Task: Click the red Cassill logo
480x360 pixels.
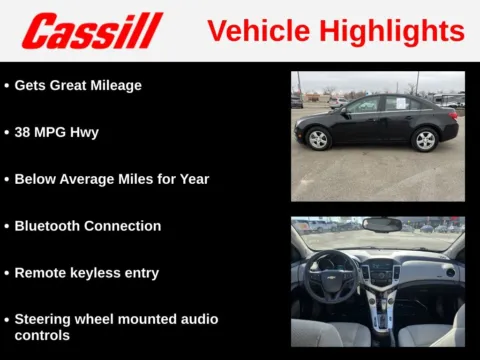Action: click(92, 31)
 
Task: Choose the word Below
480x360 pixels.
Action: click(36, 179)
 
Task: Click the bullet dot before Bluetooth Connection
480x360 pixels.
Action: click(7, 226)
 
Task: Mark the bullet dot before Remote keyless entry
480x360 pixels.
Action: click(7, 273)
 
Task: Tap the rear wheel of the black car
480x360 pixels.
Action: click(425, 139)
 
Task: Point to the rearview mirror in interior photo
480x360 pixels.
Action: click(381, 224)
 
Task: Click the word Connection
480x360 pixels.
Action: click(125, 226)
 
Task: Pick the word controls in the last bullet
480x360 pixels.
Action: click(43, 336)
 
